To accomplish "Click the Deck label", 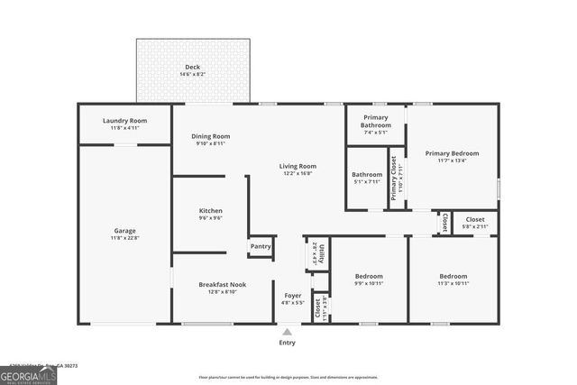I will coord(193,67).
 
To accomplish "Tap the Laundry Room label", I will coord(125,121).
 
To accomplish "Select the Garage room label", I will coord(125,230).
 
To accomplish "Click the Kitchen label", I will coord(210,211).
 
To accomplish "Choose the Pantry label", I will coord(261,246).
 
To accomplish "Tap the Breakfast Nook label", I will coord(223,284).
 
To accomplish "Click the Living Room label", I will coord(297,166).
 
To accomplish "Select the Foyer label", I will coord(293,295).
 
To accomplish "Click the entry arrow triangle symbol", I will coord(287,332).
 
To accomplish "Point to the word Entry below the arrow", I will coord(287,343).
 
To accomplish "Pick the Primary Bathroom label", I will coord(376,121).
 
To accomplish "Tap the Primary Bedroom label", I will coord(452,153).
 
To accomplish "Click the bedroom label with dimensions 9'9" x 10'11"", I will coord(368,276).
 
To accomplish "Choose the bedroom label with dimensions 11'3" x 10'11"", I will coord(453,276).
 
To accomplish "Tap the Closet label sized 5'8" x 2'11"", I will coord(475,219).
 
